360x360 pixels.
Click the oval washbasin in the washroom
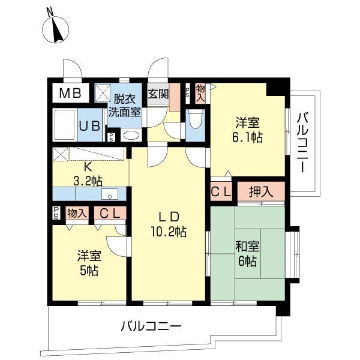131,136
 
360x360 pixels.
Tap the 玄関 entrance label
158,94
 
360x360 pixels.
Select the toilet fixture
194,122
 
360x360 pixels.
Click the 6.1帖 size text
247,137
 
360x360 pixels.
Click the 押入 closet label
262,191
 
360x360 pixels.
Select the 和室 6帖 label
247,253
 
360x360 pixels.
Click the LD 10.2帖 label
168,224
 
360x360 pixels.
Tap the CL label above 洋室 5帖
109,212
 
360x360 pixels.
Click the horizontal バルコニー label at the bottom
151,327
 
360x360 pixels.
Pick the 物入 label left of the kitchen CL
77,212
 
